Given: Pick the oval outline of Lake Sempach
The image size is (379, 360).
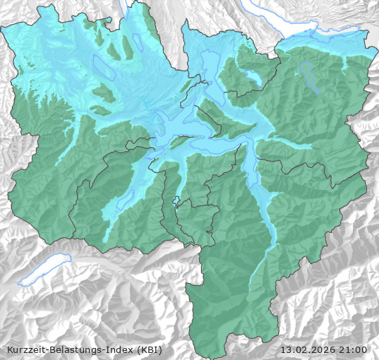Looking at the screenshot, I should pos(104,67).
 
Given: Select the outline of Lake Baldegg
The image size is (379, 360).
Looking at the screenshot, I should pos(138,42).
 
